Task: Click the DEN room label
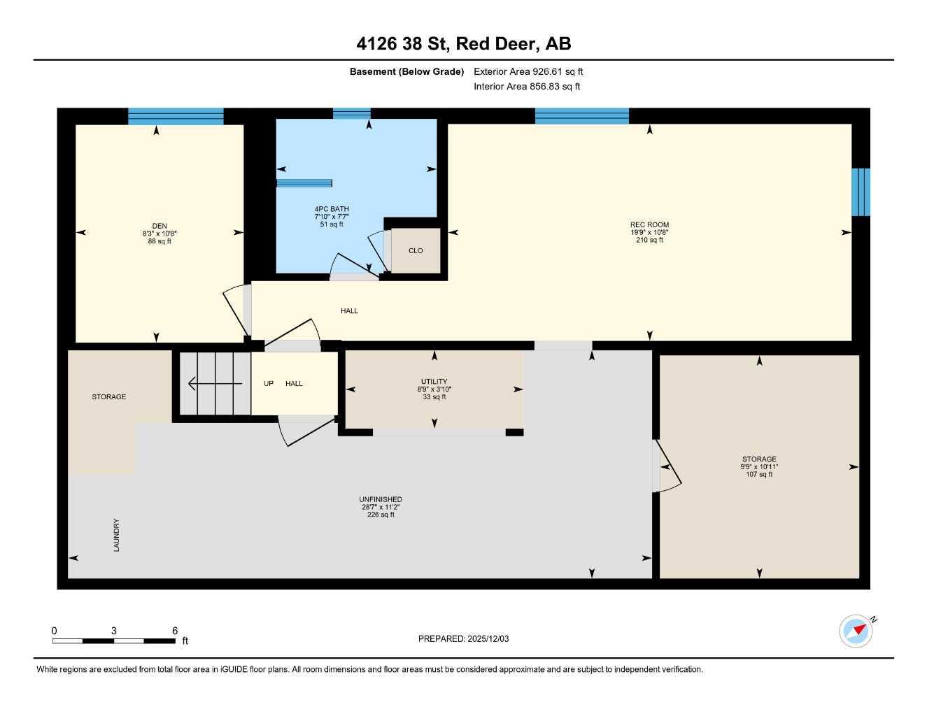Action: tap(160, 225)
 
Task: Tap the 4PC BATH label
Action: tap(332, 209)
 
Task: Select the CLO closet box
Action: tap(416, 250)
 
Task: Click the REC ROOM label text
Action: tap(649, 224)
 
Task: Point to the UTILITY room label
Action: tap(434, 382)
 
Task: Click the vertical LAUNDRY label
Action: tap(117, 535)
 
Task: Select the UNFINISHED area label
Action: tap(381, 499)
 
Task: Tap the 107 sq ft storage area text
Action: tap(759, 475)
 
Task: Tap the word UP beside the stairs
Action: tap(269, 383)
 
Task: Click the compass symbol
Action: tap(856, 631)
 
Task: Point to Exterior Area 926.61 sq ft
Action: tap(528, 71)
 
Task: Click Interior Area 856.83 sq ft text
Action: tap(527, 87)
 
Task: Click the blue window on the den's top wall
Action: tap(176, 116)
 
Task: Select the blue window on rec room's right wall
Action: tap(861, 192)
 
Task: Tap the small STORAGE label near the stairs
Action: tap(109, 396)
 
